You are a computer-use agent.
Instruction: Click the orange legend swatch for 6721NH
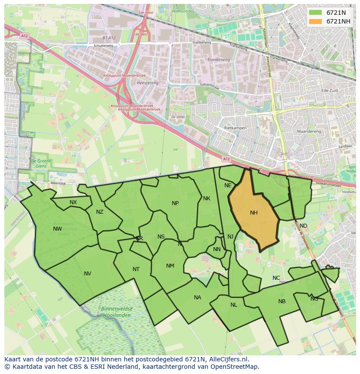click(x=316, y=21)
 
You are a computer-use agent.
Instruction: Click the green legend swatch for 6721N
click(x=316, y=12)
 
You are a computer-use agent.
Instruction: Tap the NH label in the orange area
click(x=254, y=213)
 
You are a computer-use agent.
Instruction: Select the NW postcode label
click(x=57, y=229)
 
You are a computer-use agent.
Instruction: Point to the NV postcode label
click(x=88, y=274)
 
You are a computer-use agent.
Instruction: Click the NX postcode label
click(x=73, y=202)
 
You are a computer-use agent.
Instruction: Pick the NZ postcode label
click(x=100, y=212)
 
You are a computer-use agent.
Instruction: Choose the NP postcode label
click(x=175, y=203)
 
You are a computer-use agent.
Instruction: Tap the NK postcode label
click(x=207, y=199)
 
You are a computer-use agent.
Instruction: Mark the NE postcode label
click(x=228, y=185)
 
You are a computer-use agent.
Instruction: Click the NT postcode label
click(x=136, y=269)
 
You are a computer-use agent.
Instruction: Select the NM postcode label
click(x=170, y=266)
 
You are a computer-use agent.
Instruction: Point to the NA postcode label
click(x=198, y=298)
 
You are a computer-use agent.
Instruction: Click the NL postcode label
click(x=234, y=305)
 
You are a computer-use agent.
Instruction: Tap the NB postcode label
click(x=282, y=301)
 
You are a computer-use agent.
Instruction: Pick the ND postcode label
click(x=303, y=226)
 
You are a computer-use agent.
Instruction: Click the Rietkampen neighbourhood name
click(x=235, y=128)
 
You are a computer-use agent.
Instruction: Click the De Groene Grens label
click(x=39, y=163)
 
